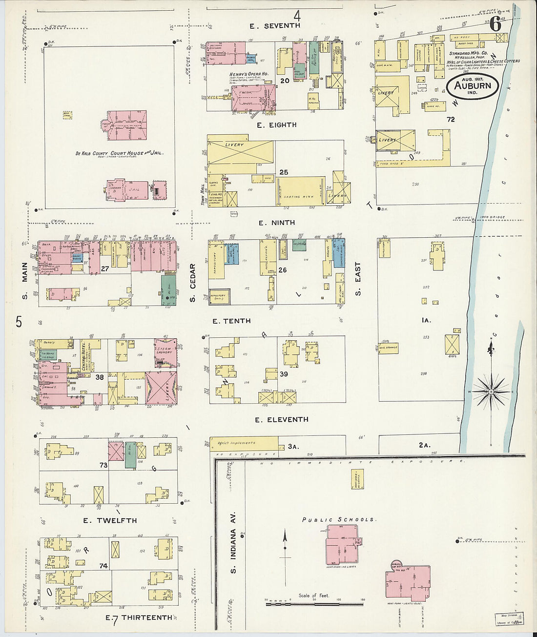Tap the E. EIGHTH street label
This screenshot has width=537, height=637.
click(276, 125)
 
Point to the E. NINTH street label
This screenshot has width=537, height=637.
click(276, 223)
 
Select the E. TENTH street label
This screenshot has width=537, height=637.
click(231, 321)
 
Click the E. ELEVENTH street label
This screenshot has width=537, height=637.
click(282, 419)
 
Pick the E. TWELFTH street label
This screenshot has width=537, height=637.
click(110, 520)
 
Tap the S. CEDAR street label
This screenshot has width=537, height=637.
click(193, 283)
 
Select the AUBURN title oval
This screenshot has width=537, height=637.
click(472, 86)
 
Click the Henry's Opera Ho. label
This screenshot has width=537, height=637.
click(249, 74)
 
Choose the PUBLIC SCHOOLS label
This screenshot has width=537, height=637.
click(338, 520)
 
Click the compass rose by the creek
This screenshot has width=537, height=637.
click(491, 391)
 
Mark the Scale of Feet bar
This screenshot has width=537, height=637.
click(314, 604)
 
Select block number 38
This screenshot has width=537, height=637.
click(100, 377)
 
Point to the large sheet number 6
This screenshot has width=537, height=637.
click(496, 24)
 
